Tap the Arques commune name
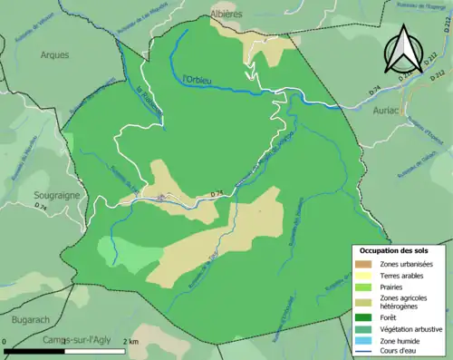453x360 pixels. (54, 54)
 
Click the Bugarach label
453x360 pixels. (31, 319)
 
